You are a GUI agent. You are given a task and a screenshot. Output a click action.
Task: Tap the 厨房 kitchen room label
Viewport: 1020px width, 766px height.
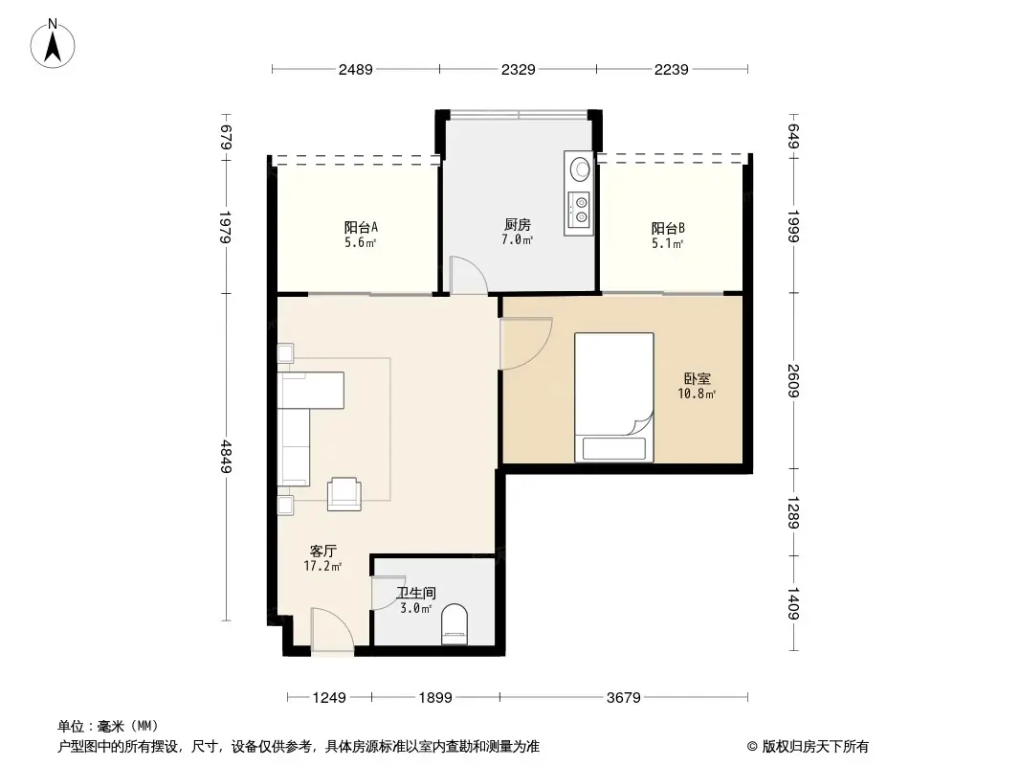point(518,225)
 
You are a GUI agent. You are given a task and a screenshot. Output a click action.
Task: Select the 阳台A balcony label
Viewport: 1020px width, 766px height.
point(361,228)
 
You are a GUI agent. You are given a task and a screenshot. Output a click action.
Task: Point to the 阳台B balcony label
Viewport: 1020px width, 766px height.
point(668,229)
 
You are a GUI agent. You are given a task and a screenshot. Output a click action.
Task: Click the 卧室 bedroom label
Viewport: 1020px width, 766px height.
point(697,379)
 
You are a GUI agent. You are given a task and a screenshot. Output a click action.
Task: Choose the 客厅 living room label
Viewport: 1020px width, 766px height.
point(322,552)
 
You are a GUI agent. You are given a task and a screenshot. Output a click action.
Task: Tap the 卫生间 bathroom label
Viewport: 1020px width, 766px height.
point(416,594)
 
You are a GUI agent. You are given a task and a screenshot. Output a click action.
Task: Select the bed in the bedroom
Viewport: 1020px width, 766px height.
point(613,396)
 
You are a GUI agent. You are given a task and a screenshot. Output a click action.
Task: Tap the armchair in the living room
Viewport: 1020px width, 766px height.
point(344,493)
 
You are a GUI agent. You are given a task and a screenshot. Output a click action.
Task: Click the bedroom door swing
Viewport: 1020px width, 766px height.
point(526,343)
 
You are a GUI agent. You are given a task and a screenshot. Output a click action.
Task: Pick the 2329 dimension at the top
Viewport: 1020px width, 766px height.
point(518,69)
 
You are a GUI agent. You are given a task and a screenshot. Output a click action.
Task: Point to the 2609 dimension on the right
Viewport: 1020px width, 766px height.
point(792,381)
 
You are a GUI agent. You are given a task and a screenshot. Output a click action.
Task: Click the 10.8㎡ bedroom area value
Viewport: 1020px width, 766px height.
point(698,394)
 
